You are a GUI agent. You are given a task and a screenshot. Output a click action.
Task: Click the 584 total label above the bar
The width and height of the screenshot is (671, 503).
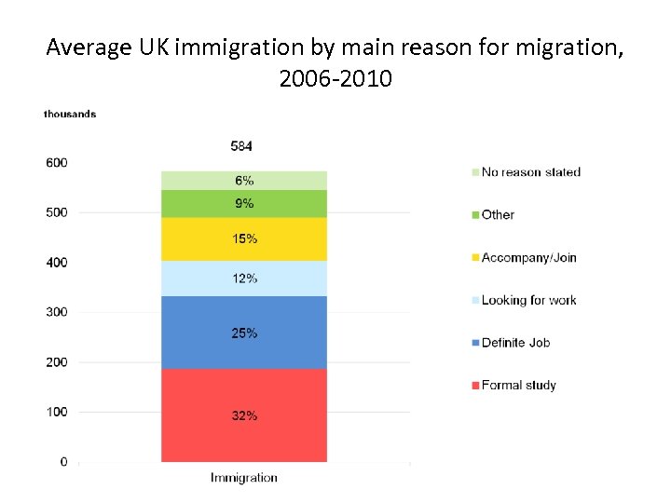coord(242,146)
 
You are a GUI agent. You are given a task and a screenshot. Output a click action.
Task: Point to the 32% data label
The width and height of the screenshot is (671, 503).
coord(244,415)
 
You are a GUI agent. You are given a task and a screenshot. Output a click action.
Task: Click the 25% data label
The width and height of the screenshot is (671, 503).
coord(244,333)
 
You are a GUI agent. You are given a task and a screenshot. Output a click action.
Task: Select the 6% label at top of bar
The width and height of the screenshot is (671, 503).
coord(244,181)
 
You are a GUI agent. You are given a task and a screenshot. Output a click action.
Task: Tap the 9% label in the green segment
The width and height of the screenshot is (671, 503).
coord(244,203)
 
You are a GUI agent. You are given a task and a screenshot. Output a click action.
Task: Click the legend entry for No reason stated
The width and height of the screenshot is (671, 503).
coord(529,172)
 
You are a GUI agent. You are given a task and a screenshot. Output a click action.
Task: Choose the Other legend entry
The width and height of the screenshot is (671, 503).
coord(497,215)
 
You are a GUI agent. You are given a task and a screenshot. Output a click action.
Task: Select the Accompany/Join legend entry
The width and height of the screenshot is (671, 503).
coord(527,257)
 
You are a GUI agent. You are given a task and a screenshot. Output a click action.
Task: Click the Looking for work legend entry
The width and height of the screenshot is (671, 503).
coord(527,300)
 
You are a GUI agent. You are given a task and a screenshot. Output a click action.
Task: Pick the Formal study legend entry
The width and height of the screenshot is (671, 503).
coord(517,386)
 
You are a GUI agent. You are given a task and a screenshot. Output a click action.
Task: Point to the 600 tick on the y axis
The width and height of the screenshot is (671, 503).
coord(57,163)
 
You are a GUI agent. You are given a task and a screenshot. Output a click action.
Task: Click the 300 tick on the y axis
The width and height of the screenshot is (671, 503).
coord(57,312)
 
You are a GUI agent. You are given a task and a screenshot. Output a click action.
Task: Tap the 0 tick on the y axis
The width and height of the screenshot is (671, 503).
coord(63,462)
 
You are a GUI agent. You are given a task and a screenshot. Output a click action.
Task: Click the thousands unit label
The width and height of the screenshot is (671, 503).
coord(70,115)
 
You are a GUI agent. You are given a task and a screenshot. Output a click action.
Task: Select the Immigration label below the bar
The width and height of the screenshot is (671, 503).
coord(244,478)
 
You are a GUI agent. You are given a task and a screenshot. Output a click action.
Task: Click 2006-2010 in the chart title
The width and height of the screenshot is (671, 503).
coord(335,79)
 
